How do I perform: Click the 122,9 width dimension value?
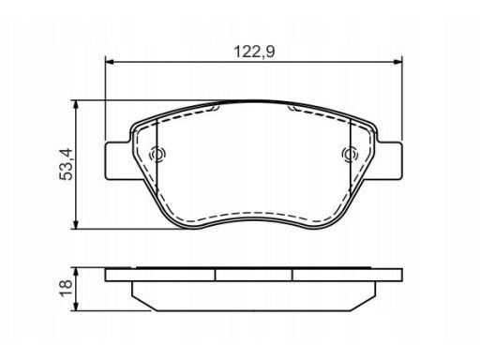point(254,52)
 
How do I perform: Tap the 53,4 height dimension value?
point(66,164)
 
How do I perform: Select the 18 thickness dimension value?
point(66,289)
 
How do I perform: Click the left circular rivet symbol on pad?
point(157,155)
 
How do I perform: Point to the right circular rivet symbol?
point(350,155)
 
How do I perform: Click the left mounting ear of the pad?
point(118,160)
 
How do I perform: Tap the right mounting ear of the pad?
point(389,160)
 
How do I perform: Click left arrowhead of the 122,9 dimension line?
point(109,62)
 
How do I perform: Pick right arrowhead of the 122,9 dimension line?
point(398,62)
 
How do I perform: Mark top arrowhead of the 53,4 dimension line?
point(75,105)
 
